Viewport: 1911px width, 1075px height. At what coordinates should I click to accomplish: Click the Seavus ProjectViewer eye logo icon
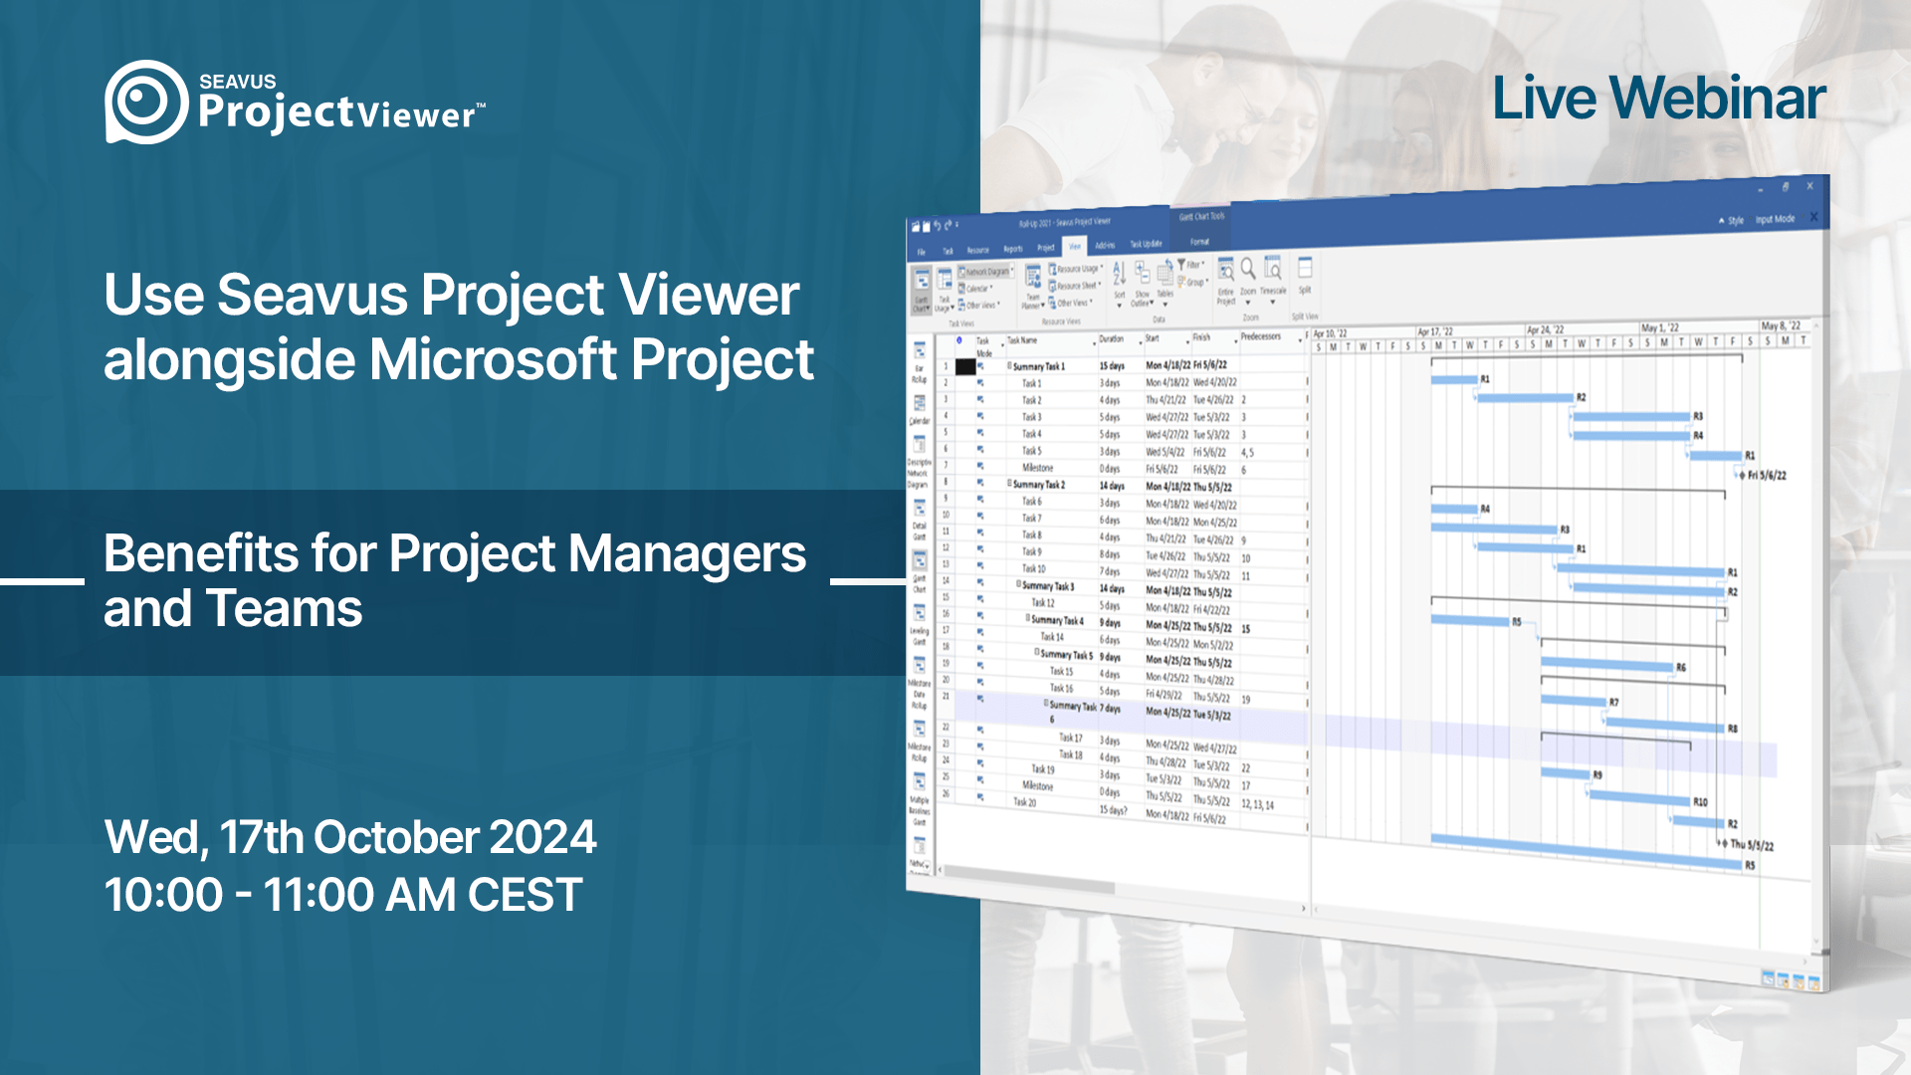pyautogui.click(x=145, y=102)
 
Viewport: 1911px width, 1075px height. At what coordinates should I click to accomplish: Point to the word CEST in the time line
pyautogui.click(x=525, y=895)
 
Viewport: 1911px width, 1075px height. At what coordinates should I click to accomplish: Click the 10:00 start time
pyautogui.click(x=163, y=895)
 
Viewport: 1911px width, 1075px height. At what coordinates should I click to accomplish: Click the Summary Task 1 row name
pyautogui.click(x=1038, y=366)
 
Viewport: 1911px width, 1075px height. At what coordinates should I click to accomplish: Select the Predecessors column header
pyautogui.click(x=1260, y=336)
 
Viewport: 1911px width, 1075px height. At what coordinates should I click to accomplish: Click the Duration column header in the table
pyautogui.click(x=1111, y=338)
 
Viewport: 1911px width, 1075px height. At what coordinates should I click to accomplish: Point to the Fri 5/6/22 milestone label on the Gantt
pyautogui.click(x=1767, y=475)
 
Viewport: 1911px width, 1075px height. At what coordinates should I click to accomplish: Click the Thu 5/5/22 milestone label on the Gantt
pyautogui.click(x=1752, y=845)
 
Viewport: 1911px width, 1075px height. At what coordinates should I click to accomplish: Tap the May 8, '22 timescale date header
pyautogui.click(x=1781, y=325)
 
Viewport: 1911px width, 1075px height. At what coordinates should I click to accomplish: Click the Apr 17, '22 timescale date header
pyautogui.click(x=1435, y=331)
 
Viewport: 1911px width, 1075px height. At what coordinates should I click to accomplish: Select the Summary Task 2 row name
pyautogui.click(x=1038, y=485)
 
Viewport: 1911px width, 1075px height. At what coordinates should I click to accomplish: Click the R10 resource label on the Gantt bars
pyautogui.click(x=1700, y=801)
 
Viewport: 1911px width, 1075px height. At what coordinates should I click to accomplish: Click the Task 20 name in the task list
pyautogui.click(x=1024, y=802)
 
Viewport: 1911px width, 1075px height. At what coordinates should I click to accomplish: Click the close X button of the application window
pyautogui.click(x=1809, y=186)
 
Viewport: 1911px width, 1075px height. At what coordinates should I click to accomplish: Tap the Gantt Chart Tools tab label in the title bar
pyautogui.click(x=1201, y=216)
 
